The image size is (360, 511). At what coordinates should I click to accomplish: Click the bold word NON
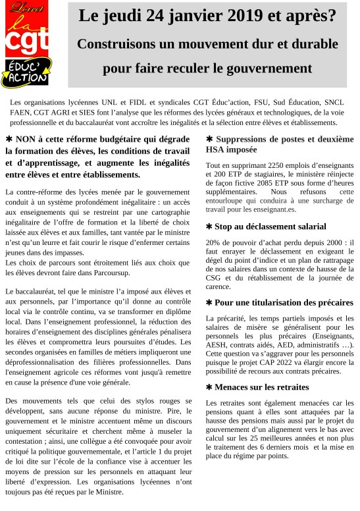(30, 140)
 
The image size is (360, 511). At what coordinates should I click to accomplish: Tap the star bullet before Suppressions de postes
(209, 140)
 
